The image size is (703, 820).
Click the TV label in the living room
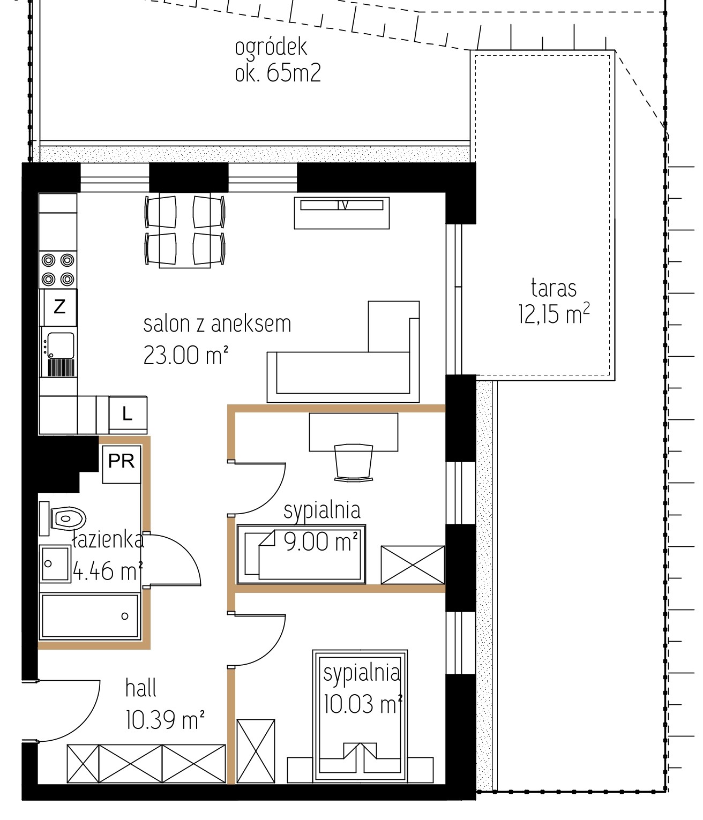pos(342,205)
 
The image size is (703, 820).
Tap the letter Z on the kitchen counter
pos(59,306)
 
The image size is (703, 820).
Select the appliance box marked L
pos(128,415)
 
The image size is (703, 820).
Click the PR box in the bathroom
pos(122,464)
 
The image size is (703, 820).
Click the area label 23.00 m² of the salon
pos(186,355)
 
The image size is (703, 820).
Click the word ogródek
pos(271,48)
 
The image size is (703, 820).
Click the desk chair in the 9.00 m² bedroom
pos(354,463)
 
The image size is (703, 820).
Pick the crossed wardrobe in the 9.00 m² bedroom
pos(413,565)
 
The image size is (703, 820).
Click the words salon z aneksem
pos(217,324)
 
